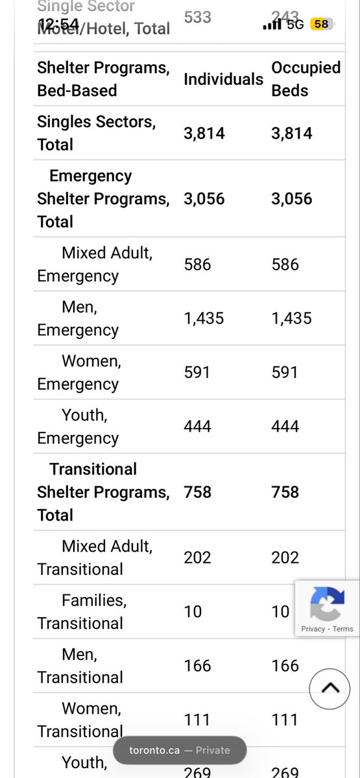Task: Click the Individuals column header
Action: pyautogui.click(x=223, y=79)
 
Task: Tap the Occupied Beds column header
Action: pyautogui.click(x=306, y=79)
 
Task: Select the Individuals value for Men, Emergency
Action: pyautogui.click(x=204, y=318)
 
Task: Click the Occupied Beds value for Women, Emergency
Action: pyautogui.click(x=285, y=372)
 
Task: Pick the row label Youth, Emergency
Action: pyautogui.click(x=78, y=426)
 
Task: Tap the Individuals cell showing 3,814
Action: pyautogui.click(x=204, y=134)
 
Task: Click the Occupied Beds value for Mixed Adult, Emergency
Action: pyautogui.click(x=285, y=265)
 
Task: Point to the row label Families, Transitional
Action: pyautogui.click(x=80, y=611)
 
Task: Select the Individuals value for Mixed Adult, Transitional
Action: pyautogui.click(x=197, y=558)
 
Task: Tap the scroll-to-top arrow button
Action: pyautogui.click(x=330, y=688)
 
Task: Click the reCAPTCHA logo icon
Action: pyautogui.click(x=327, y=604)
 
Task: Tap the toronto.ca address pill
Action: pyautogui.click(x=180, y=750)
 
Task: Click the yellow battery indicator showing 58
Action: pyautogui.click(x=320, y=24)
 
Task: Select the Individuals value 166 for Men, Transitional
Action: pyautogui.click(x=197, y=666)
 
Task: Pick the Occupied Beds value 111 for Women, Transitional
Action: pyautogui.click(x=285, y=720)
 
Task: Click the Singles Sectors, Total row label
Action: pyautogui.click(x=96, y=132)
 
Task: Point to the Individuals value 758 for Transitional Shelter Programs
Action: pyautogui.click(x=197, y=492)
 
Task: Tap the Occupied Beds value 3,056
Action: pyautogui.click(x=292, y=199)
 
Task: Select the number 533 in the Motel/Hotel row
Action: pyautogui.click(x=197, y=17)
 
